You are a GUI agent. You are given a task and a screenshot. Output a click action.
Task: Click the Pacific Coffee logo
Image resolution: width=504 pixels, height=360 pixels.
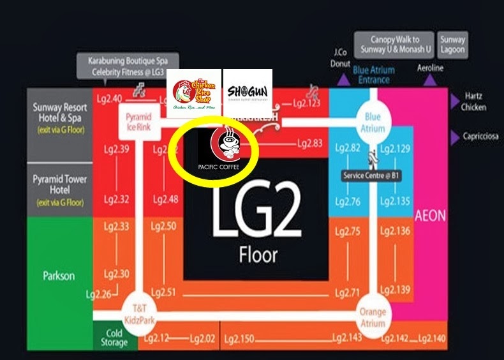223,149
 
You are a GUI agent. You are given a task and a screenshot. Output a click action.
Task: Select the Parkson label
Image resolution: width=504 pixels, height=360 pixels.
59,276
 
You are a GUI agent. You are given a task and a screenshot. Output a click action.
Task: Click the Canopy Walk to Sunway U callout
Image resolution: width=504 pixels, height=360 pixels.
394,45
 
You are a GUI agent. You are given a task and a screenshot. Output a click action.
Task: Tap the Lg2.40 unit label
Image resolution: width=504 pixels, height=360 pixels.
108,98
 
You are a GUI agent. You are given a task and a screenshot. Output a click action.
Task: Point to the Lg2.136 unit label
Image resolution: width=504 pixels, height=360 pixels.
395,231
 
